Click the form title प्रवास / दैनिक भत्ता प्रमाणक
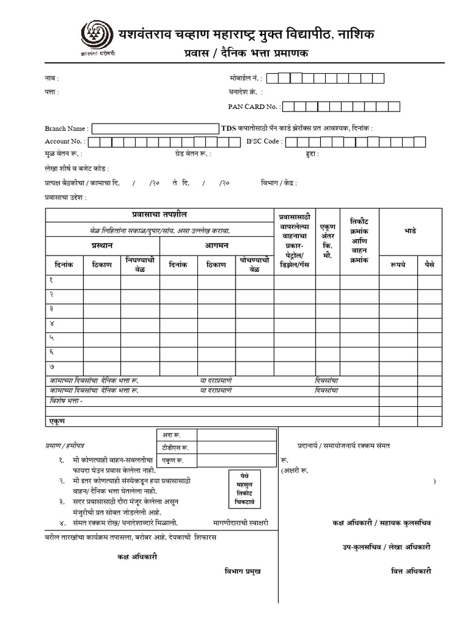pyautogui.click(x=246, y=53)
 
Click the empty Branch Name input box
pyautogui.click(x=156, y=128)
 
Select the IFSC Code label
pyautogui.click(x=264, y=142)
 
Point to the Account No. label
pyautogui.click(x=65, y=142)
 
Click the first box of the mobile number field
pyautogui.click(x=272, y=78)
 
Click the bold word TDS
pyautogui.click(x=229, y=128)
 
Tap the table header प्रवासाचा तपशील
pyautogui.click(x=160, y=215)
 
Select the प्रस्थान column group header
pyautogui.click(x=101, y=245)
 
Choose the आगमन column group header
pyautogui.click(x=216, y=245)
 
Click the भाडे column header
pyautogui.click(x=410, y=231)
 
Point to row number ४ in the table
pyautogui.click(x=51, y=324)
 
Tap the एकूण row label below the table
pyautogui.click(x=57, y=420)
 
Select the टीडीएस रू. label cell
pyautogui.click(x=175, y=448)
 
